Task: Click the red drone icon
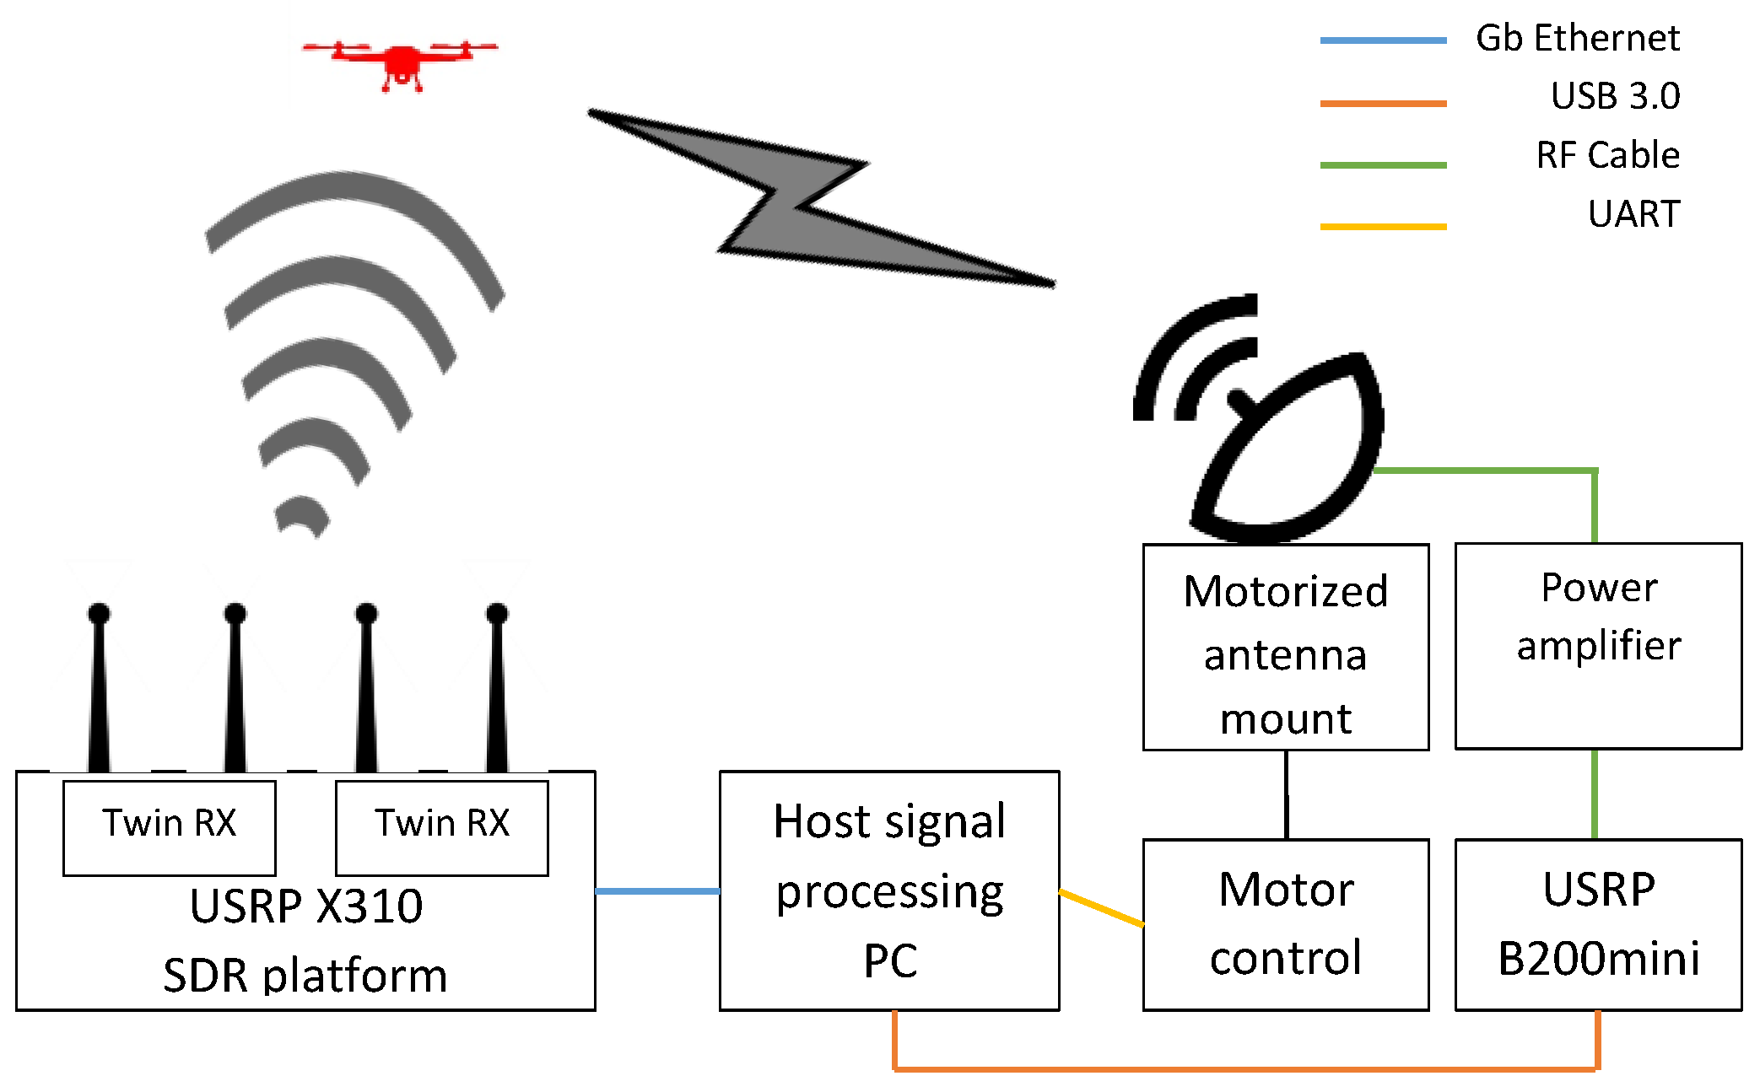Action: coord(402,63)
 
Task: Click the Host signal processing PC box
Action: coord(889,890)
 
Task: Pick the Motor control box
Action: coord(1286,924)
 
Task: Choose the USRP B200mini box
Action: coord(1598,924)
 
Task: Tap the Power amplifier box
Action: coord(1598,646)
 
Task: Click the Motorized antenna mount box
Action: coord(1286,648)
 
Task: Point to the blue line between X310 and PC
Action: coord(657,890)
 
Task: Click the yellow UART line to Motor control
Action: coord(1101,907)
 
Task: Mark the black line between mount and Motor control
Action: coord(1286,794)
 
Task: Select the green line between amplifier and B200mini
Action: coord(1594,794)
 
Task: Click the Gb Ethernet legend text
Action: coord(1577,39)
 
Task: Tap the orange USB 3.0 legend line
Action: coord(1383,104)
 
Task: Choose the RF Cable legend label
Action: coord(1607,155)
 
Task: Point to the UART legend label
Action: coord(1633,214)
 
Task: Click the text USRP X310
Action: coord(306,907)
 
